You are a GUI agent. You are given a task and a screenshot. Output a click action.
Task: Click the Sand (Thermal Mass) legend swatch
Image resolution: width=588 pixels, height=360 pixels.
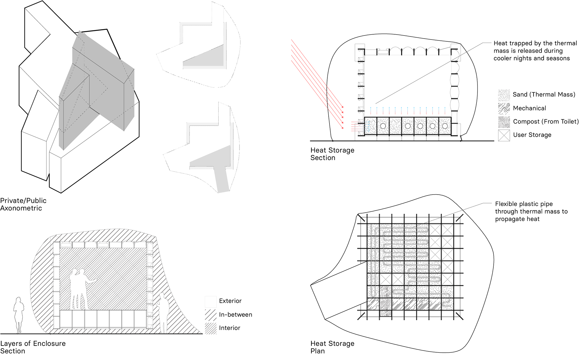click(x=504, y=95)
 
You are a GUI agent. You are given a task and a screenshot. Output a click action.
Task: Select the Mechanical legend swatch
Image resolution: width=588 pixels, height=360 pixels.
click(x=504, y=108)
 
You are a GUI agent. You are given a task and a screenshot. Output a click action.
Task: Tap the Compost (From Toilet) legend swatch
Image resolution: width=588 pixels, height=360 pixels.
click(x=504, y=122)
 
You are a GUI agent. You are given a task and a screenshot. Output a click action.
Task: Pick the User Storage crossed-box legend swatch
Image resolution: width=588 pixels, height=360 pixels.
click(x=504, y=135)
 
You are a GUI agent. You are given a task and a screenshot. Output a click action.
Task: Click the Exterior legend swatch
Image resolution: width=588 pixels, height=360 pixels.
click(x=210, y=301)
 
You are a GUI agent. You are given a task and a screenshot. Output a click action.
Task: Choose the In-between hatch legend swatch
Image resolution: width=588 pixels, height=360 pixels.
click(x=210, y=315)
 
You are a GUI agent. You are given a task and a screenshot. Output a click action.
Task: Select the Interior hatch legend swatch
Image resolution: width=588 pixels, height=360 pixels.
click(x=210, y=328)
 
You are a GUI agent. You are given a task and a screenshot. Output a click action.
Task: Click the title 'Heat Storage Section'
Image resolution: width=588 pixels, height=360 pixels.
click(x=332, y=154)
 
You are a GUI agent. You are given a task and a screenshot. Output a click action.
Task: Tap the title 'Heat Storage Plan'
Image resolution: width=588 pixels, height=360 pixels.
click(x=332, y=347)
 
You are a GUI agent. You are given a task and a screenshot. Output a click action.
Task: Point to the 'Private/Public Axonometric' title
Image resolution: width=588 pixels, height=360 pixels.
click(x=23, y=204)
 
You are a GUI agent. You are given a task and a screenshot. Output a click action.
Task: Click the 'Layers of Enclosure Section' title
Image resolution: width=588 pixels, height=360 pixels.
click(x=33, y=347)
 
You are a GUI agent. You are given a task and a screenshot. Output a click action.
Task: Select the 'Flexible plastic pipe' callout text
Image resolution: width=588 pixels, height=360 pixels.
click(x=531, y=211)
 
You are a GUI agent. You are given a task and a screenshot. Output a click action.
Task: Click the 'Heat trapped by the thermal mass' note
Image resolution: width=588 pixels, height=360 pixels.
click(x=535, y=51)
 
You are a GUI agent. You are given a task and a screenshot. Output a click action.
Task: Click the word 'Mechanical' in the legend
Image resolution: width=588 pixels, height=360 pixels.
click(x=529, y=108)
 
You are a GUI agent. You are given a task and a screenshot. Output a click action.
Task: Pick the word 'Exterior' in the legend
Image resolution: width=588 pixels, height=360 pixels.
click(x=230, y=301)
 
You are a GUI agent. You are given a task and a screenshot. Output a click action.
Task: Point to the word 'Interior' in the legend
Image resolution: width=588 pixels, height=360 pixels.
click(x=229, y=328)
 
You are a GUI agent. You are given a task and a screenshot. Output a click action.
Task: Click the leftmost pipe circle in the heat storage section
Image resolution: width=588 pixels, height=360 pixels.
click(x=383, y=126)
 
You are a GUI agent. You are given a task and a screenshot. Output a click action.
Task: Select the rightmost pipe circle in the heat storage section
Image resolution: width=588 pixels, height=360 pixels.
click(x=445, y=126)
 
